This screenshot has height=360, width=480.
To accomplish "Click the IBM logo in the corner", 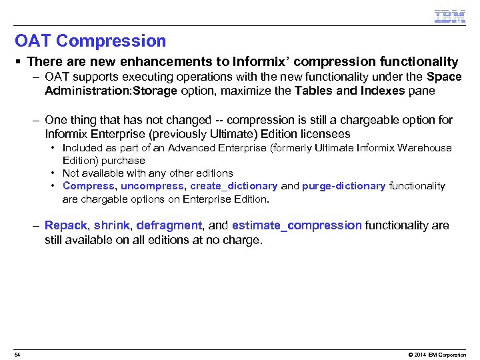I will coord(450,17).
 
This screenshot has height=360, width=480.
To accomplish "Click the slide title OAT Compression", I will coord(90,41).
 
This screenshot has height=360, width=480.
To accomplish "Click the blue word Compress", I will coord(89,186).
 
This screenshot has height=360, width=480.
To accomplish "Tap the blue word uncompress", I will coord(153,186).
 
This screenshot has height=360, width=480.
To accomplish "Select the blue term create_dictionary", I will coord(234,186).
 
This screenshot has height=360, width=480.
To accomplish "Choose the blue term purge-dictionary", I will coord(343,186).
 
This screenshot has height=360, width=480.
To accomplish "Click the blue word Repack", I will coord(66,226).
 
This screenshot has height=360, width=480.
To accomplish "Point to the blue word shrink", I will coord(111,226).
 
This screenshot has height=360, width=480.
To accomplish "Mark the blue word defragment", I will coord(169,226).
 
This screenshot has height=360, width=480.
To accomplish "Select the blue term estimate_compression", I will coord(297,226).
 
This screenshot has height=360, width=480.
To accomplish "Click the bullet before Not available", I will coord(53,173).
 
